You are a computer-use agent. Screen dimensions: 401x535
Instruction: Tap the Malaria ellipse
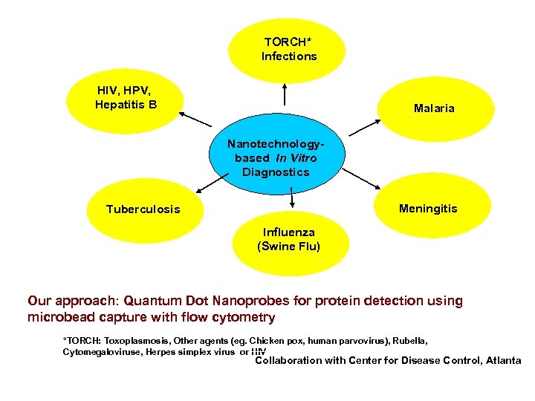pos(433,108)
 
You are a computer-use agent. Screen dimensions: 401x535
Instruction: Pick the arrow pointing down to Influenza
pos(291,198)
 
